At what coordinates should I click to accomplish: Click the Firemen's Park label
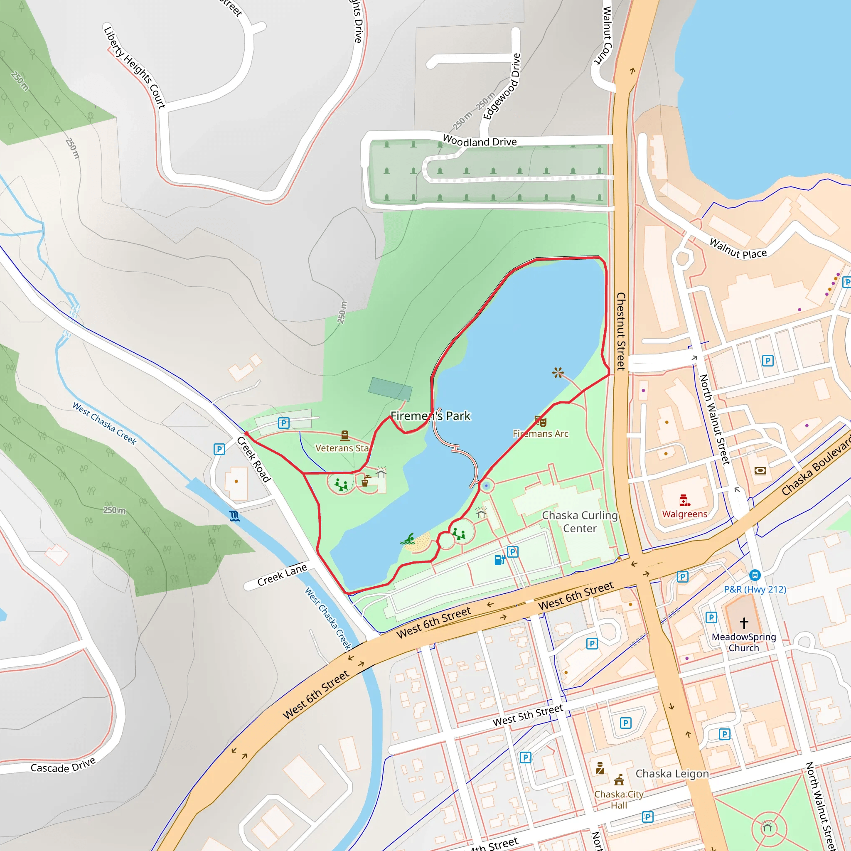(x=430, y=416)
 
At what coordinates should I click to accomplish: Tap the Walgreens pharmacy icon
(x=684, y=500)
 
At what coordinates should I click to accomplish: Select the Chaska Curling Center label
(x=580, y=522)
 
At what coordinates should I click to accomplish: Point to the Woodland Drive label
(x=479, y=141)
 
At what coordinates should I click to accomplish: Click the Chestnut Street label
(x=621, y=331)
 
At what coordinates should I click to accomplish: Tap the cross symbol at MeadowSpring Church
(x=744, y=623)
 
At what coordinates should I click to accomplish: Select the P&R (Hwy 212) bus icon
(x=755, y=575)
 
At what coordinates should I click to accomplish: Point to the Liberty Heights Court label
(x=134, y=67)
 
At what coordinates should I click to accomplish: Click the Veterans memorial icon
(x=345, y=436)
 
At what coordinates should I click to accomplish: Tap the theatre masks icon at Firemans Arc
(x=541, y=421)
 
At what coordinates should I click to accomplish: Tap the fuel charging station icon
(x=499, y=560)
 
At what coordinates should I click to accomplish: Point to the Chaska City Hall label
(x=618, y=799)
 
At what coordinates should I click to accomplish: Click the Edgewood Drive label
(x=502, y=87)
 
